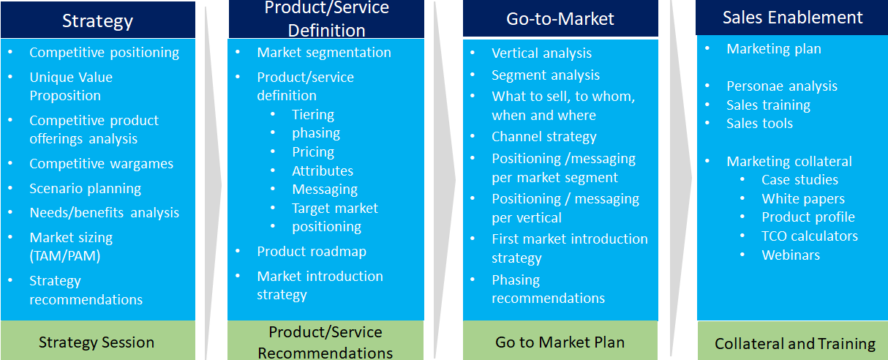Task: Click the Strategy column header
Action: point(97,20)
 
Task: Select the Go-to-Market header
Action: point(560,18)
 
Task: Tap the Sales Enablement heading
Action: point(792,18)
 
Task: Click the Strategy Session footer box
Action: point(97,341)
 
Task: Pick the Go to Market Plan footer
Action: point(560,341)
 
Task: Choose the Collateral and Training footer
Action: point(793,342)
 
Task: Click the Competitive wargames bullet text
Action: point(102,164)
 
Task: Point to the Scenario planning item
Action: point(86,189)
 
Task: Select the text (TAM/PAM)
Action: point(65,255)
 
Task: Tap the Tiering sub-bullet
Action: point(313,115)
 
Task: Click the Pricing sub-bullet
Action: point(313,152)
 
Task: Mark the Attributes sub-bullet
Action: point(323,171)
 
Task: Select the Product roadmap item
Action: point(312,252)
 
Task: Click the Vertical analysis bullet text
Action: point(541,53)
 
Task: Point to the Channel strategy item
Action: point(544,137)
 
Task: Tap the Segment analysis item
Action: point(546,75)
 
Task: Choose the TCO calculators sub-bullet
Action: point(810,236)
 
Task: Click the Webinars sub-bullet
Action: point(791,255)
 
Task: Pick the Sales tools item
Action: point(759,124)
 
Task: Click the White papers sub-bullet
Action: point(803,198)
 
